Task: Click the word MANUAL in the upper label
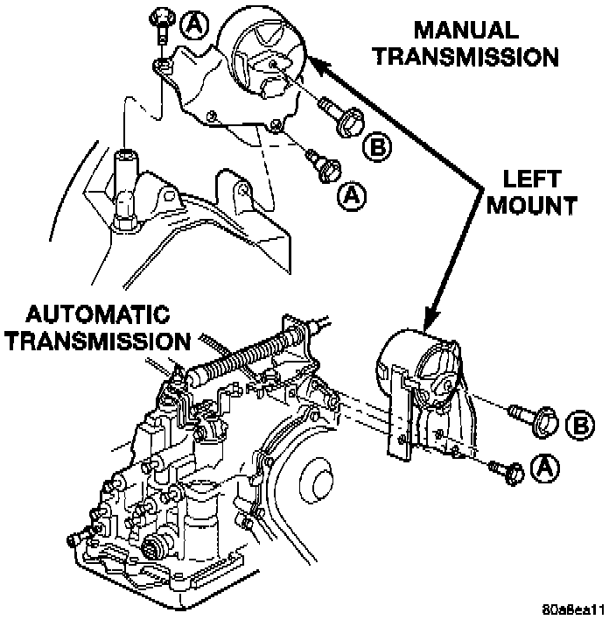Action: click(x=466, y=31)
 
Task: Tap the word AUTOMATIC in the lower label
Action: click(x=98, y=314)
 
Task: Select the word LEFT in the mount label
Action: click(x=532, y=180)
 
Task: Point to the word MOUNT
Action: click(x=532, y=205)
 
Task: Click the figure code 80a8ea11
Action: click(x=573, y=609)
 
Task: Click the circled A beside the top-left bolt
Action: click(x=193, y=25)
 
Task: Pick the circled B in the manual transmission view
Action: click(x=377, y=147)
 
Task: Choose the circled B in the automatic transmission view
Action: click(x=579, y=425)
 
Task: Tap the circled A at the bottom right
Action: click(x=545, y=468)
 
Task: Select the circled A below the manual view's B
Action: click(x=352, y=195)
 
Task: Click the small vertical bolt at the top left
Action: click(x=163, y=26)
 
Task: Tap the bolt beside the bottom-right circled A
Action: click(x=507, y=472)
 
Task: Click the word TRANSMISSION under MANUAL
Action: click(x=466, y=57)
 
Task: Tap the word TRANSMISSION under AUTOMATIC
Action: click(x=99, y=341)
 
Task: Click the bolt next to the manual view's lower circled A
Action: click(x=323, y=166)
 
